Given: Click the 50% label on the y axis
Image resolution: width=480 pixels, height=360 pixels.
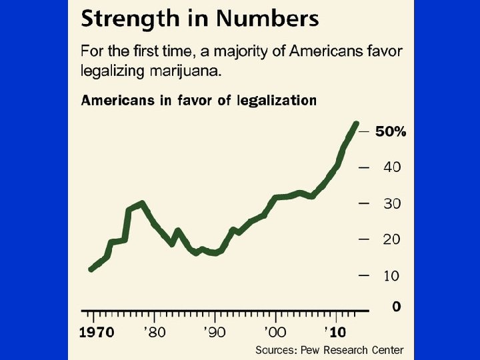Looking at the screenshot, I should [x=391, y=132].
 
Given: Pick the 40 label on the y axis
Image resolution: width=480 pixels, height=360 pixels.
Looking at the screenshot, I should [x=392, y=167].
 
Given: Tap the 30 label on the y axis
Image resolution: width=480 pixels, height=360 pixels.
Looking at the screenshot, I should [x=392, y=203].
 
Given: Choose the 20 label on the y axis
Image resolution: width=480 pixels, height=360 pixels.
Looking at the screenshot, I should [x=392, y=239].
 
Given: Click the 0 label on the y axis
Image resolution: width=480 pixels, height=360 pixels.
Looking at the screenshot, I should [x=397, y=307].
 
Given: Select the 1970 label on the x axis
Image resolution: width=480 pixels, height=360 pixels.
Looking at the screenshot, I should [x=97, y=331].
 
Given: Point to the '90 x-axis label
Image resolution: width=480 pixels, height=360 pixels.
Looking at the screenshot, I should [x=215, y=331].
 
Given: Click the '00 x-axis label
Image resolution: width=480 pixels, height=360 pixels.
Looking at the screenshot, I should [x=275, y=331].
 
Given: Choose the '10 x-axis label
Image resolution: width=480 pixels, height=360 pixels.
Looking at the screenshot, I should [x=335, y=331].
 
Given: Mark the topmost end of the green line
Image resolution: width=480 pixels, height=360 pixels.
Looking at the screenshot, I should [x=355, y=124].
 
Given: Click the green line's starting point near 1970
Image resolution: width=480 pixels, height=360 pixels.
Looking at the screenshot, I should [x=91, y=269].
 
